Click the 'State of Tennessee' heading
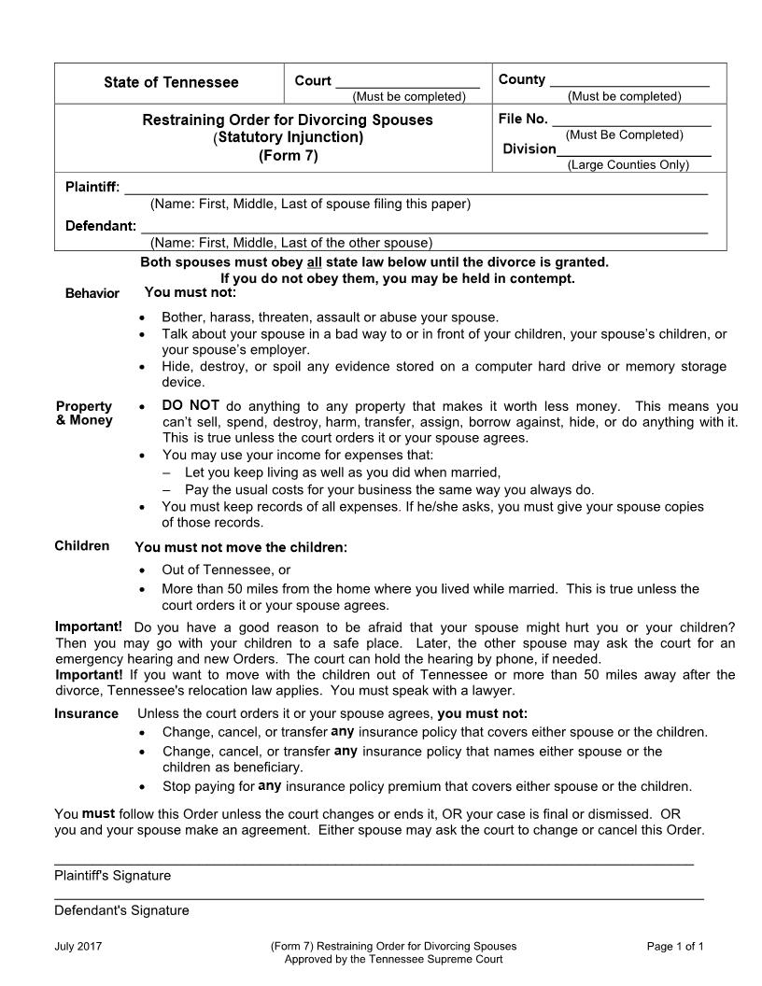coord(171,82)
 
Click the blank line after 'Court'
coord(407,84)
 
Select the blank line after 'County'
coord(629,84)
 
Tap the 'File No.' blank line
coord(631,123)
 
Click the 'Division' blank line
coord(634,154)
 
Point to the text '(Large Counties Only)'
coord(628,165)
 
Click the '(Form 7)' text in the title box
coord(288,156)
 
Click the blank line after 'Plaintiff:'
coord(416,191)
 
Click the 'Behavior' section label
coord(92,293)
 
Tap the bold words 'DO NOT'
coord(190,405)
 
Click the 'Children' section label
coord(81,546)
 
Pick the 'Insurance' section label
coord(86,714)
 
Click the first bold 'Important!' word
coord(89,626)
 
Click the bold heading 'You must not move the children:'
coord(241,548)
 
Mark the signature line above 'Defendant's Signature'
coord(378,898)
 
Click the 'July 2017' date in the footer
coord(78,946)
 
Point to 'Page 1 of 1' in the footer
coord(675,946)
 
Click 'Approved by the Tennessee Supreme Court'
coord(393,959)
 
